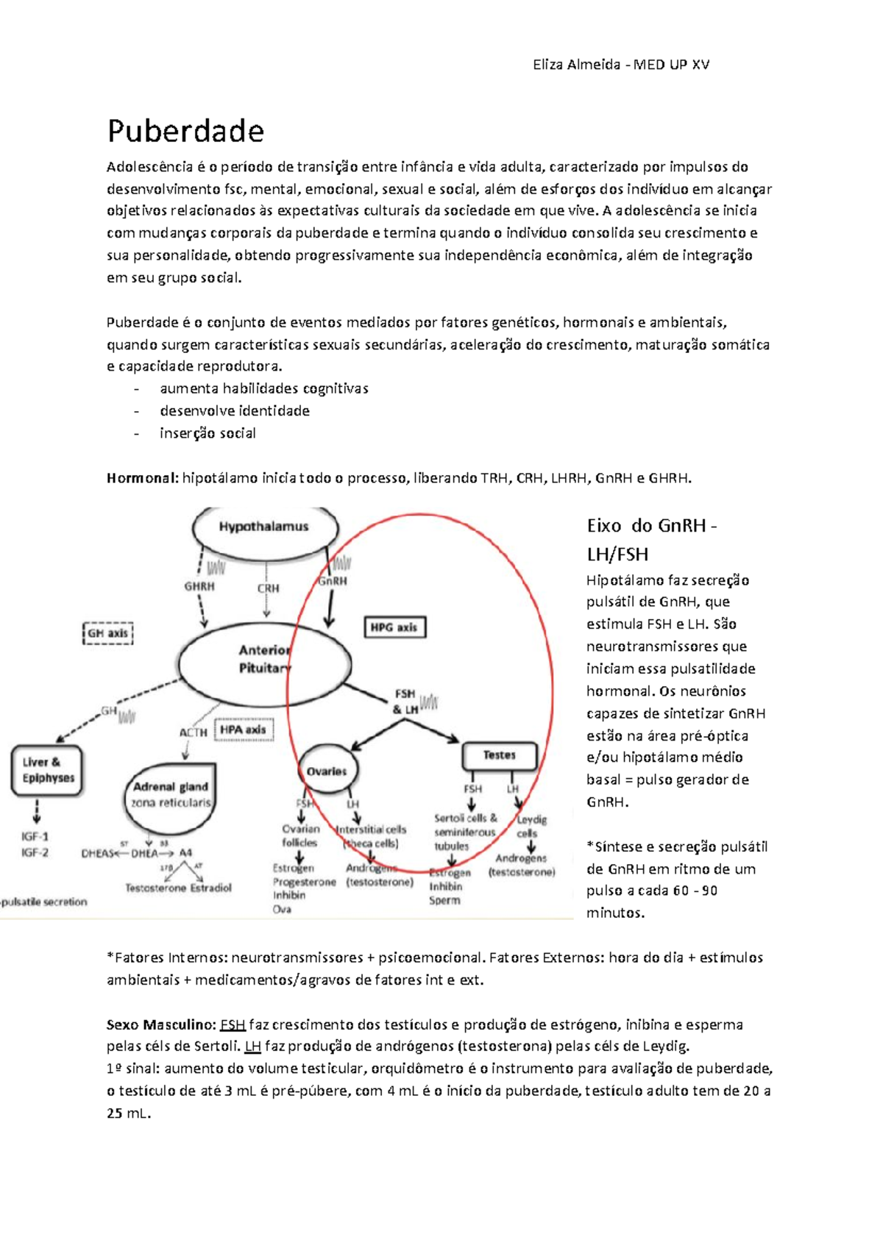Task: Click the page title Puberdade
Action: pyautogui.click(x=185, y=132)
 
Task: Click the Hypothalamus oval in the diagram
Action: pyautogui.click(x=264, y=527)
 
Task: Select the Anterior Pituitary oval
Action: pyautogui.click(x=263, y=659)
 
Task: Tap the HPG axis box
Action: pyautogui.click(x=394, y=627)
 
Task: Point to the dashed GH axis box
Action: pyautogui.click(x=108, y=633)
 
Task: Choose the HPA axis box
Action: pyautogui.click(x=243, y=730)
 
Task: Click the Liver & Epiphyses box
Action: pyautogui.click(x=48, y=770)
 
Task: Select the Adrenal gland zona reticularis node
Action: pyautogui.click(x=171, y=794)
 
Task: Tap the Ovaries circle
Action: pyautogui.click(x=327, y=771)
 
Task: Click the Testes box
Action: pyautogui.click(x=499, y=755)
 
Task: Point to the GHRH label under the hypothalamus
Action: pyautogui.click(x=199, y=587)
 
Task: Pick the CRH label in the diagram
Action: pyautogui.click(x=268, y=588)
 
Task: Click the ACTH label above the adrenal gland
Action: pyautogui.click(x=194, y=732)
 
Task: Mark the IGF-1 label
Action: pyautogui.click(x=35, y=836)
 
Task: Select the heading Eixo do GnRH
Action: pyautogui.click(x=650, y=526)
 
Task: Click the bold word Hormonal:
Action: pyautogui.click(x=142, y=478)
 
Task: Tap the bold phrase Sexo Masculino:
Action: pyautogui.click(x=161, y=1024)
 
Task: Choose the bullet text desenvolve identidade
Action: pyautogui.click(x=234, y=411)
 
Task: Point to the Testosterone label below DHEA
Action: pyautogui.click(x=155, y=888)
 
